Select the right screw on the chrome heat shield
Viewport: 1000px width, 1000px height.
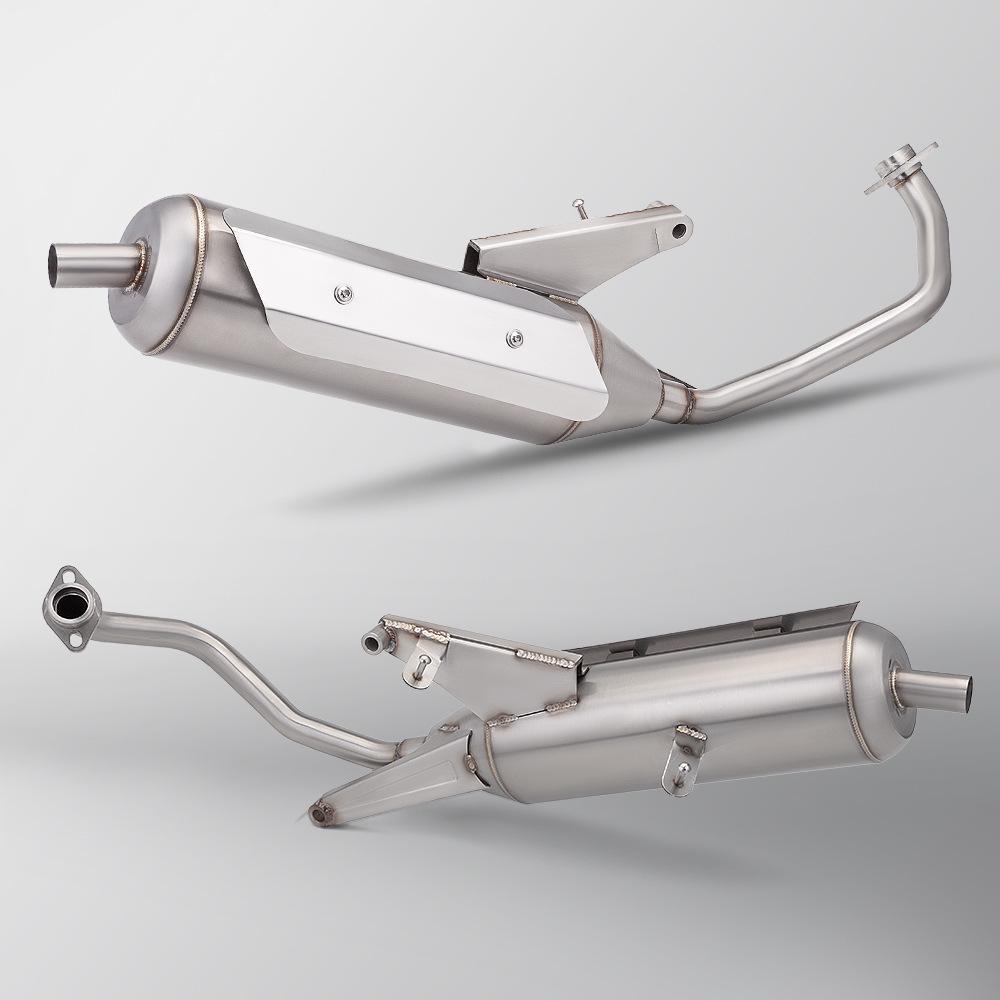coord(515,336)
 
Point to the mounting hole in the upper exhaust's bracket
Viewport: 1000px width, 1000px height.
coord(679,230)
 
